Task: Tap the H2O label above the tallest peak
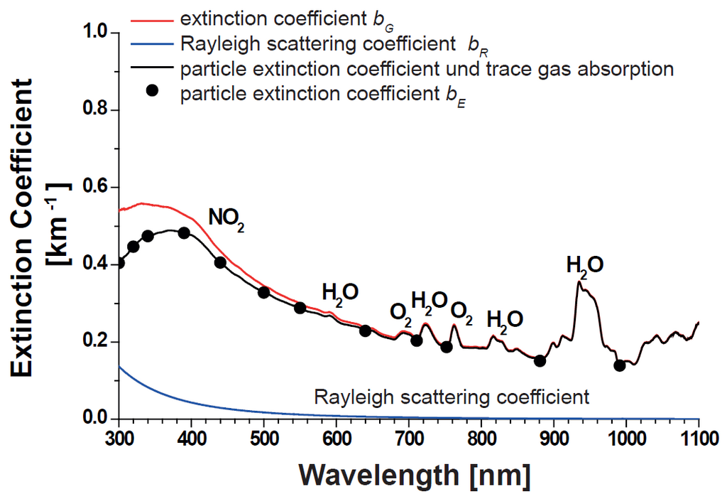[x=585, y=267]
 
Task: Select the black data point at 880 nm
[x=540, y=360]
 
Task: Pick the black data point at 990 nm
[x=619, y=365]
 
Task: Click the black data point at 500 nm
[x=264, y=292]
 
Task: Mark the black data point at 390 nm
[x=184, y=233]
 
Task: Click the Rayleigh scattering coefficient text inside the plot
[x=452, y=397]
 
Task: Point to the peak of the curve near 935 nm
[x=579, y=282]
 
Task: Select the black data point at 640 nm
[x=366, y=331]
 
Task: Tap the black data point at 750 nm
[x=447, y=347]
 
